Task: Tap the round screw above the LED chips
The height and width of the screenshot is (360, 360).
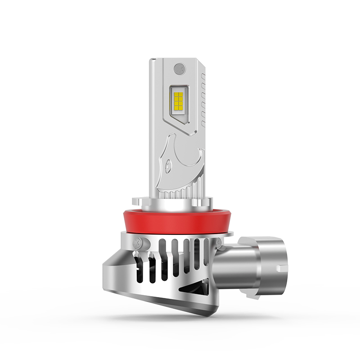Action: click(x=179, y=69)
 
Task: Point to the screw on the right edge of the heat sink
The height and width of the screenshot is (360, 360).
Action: click(x=219, y=243)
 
